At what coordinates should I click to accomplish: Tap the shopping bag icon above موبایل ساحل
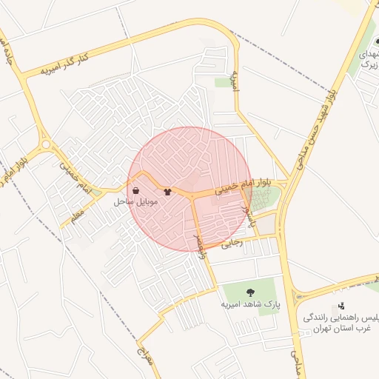click(137, 189)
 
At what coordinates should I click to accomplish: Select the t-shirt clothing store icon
click(167, 191)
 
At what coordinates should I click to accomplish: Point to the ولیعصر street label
click(201, 244)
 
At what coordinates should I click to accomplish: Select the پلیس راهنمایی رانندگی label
click(341, 318)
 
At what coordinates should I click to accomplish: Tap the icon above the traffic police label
click(341, 305)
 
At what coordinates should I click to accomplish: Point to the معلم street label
click(76, 215)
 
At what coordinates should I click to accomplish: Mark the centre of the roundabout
click(46, 145)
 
